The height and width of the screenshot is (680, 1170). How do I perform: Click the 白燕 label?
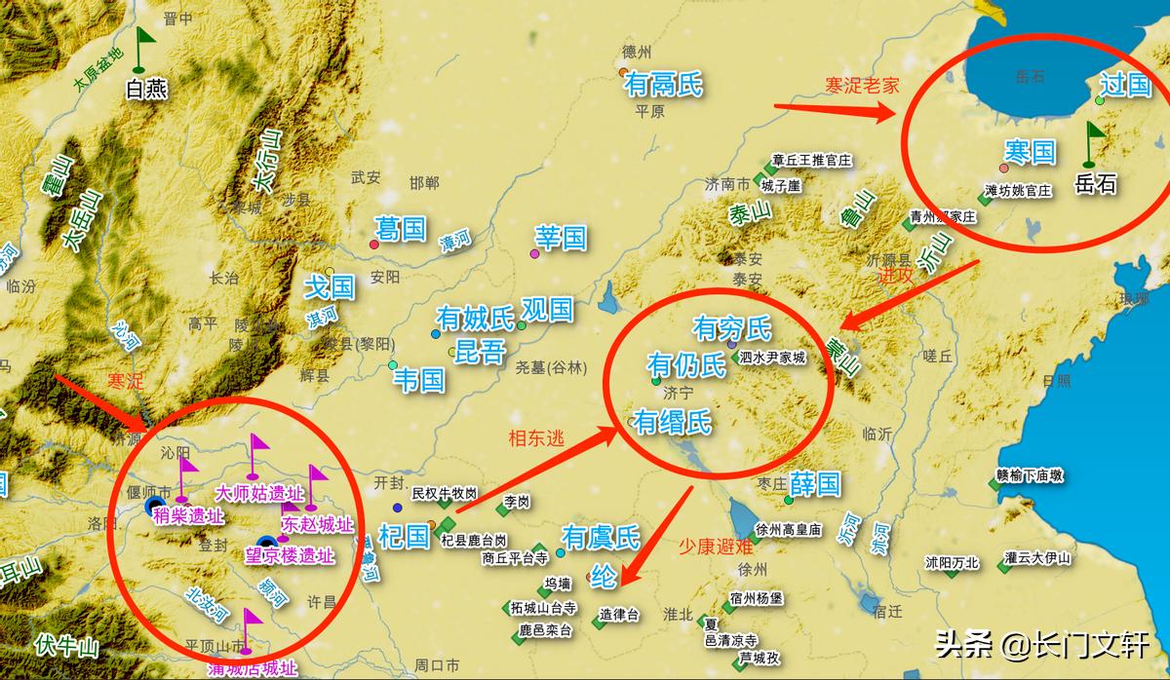(x=146, y=90)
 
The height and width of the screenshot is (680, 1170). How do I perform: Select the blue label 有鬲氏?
(x=662, y=86)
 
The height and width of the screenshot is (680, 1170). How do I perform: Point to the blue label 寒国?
(x=1030, y=151)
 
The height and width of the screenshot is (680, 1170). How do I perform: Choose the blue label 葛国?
(x=401, y=229)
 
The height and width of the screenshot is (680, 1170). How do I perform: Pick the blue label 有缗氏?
(x=672, y=422)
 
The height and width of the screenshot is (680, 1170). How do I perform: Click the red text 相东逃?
(x=536, y=438)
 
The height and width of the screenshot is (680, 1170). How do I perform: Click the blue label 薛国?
(x=814, y=483)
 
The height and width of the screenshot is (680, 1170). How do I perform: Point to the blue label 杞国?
(x=404, y=535)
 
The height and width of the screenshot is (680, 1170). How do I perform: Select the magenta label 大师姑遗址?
(x=260, y=494)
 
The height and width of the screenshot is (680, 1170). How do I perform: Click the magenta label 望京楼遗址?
(x=289, y=556)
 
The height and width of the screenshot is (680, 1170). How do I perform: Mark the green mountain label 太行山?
(x=265, y=161)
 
